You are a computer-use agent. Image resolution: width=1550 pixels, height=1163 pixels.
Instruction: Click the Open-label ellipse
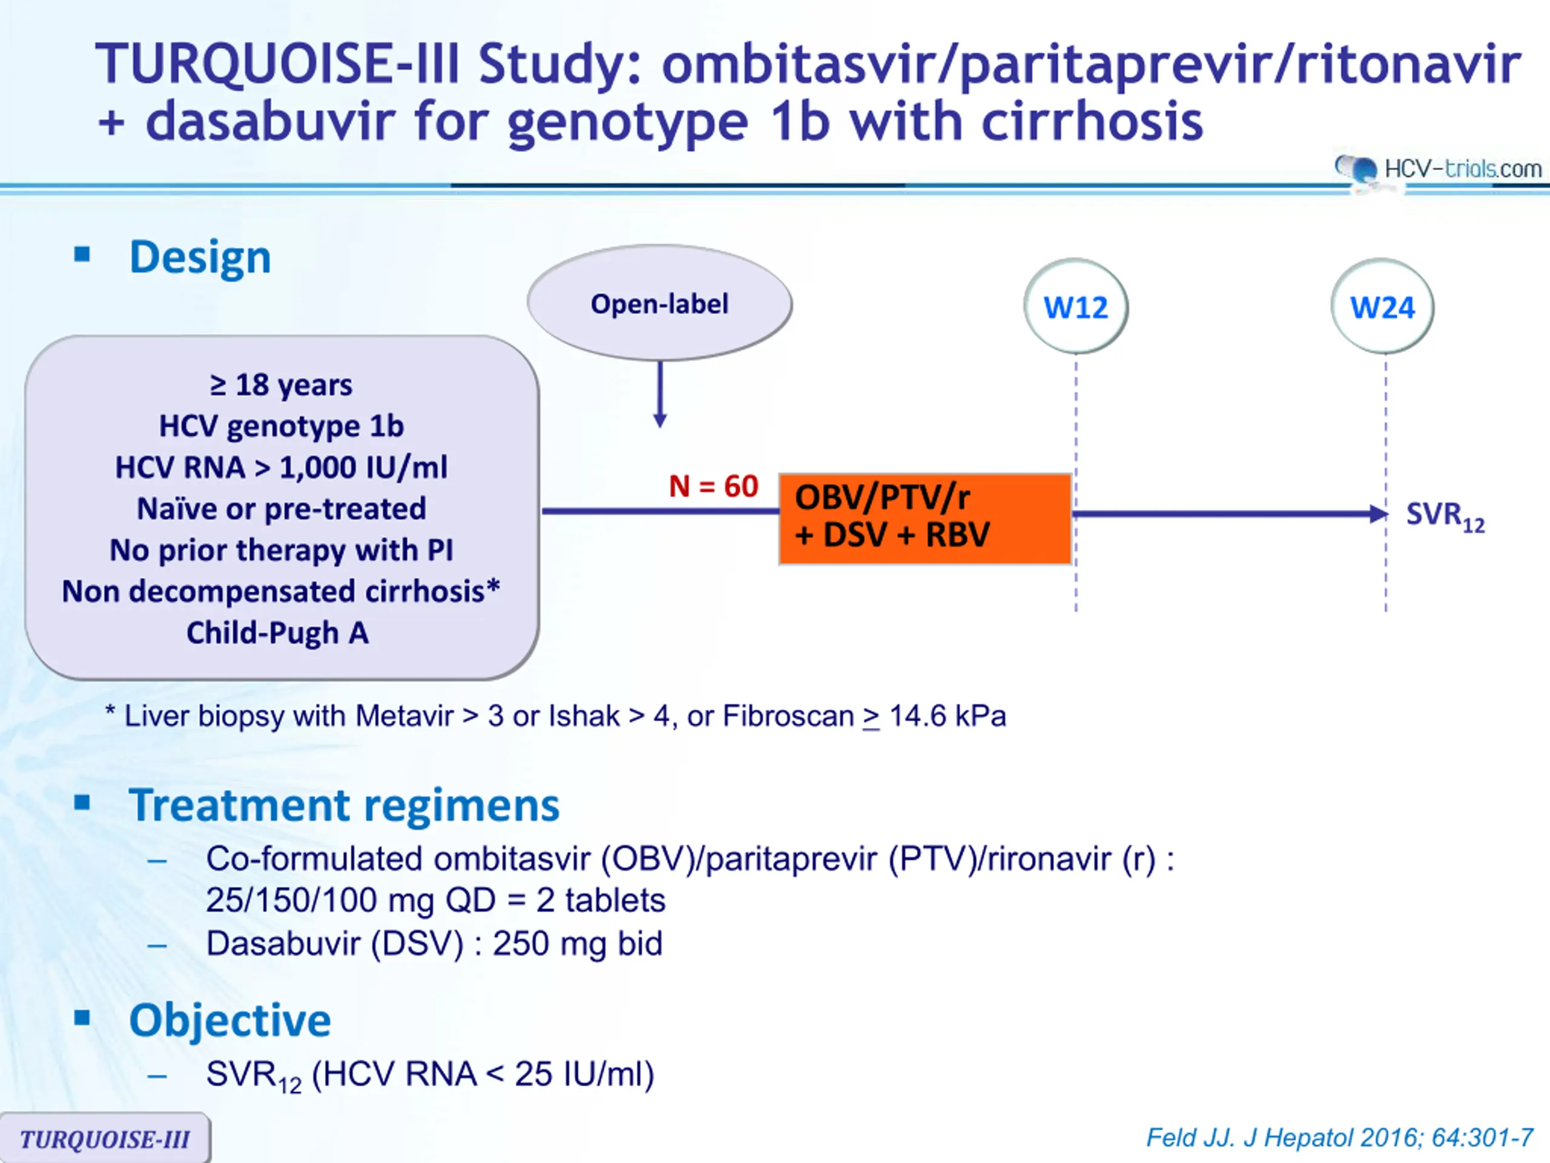659,303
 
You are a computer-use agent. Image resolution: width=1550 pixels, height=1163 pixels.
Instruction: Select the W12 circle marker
1075,306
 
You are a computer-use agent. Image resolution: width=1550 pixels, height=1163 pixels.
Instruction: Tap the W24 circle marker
1382,306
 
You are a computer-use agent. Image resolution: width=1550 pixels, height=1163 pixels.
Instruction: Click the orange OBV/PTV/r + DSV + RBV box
925,519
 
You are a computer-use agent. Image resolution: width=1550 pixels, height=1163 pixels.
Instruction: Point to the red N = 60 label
713,486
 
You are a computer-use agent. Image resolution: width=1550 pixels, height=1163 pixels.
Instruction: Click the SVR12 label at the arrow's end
1445,517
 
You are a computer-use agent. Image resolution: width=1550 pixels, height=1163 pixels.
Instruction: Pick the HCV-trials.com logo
1439,169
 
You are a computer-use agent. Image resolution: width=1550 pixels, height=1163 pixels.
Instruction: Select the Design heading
200,257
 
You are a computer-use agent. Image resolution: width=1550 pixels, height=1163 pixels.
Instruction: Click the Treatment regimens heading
344,805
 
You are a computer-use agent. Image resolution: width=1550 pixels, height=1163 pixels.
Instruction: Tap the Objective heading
230,1020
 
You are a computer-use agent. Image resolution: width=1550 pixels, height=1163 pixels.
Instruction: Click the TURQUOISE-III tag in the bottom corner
105,1138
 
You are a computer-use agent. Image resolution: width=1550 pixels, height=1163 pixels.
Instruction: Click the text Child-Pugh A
277,633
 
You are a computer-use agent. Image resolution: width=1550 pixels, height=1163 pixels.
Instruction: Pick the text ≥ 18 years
281,385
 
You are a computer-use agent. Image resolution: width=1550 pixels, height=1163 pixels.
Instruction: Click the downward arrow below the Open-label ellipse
659,394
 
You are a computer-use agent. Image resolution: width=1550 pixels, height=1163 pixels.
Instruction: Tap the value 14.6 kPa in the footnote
948,716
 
